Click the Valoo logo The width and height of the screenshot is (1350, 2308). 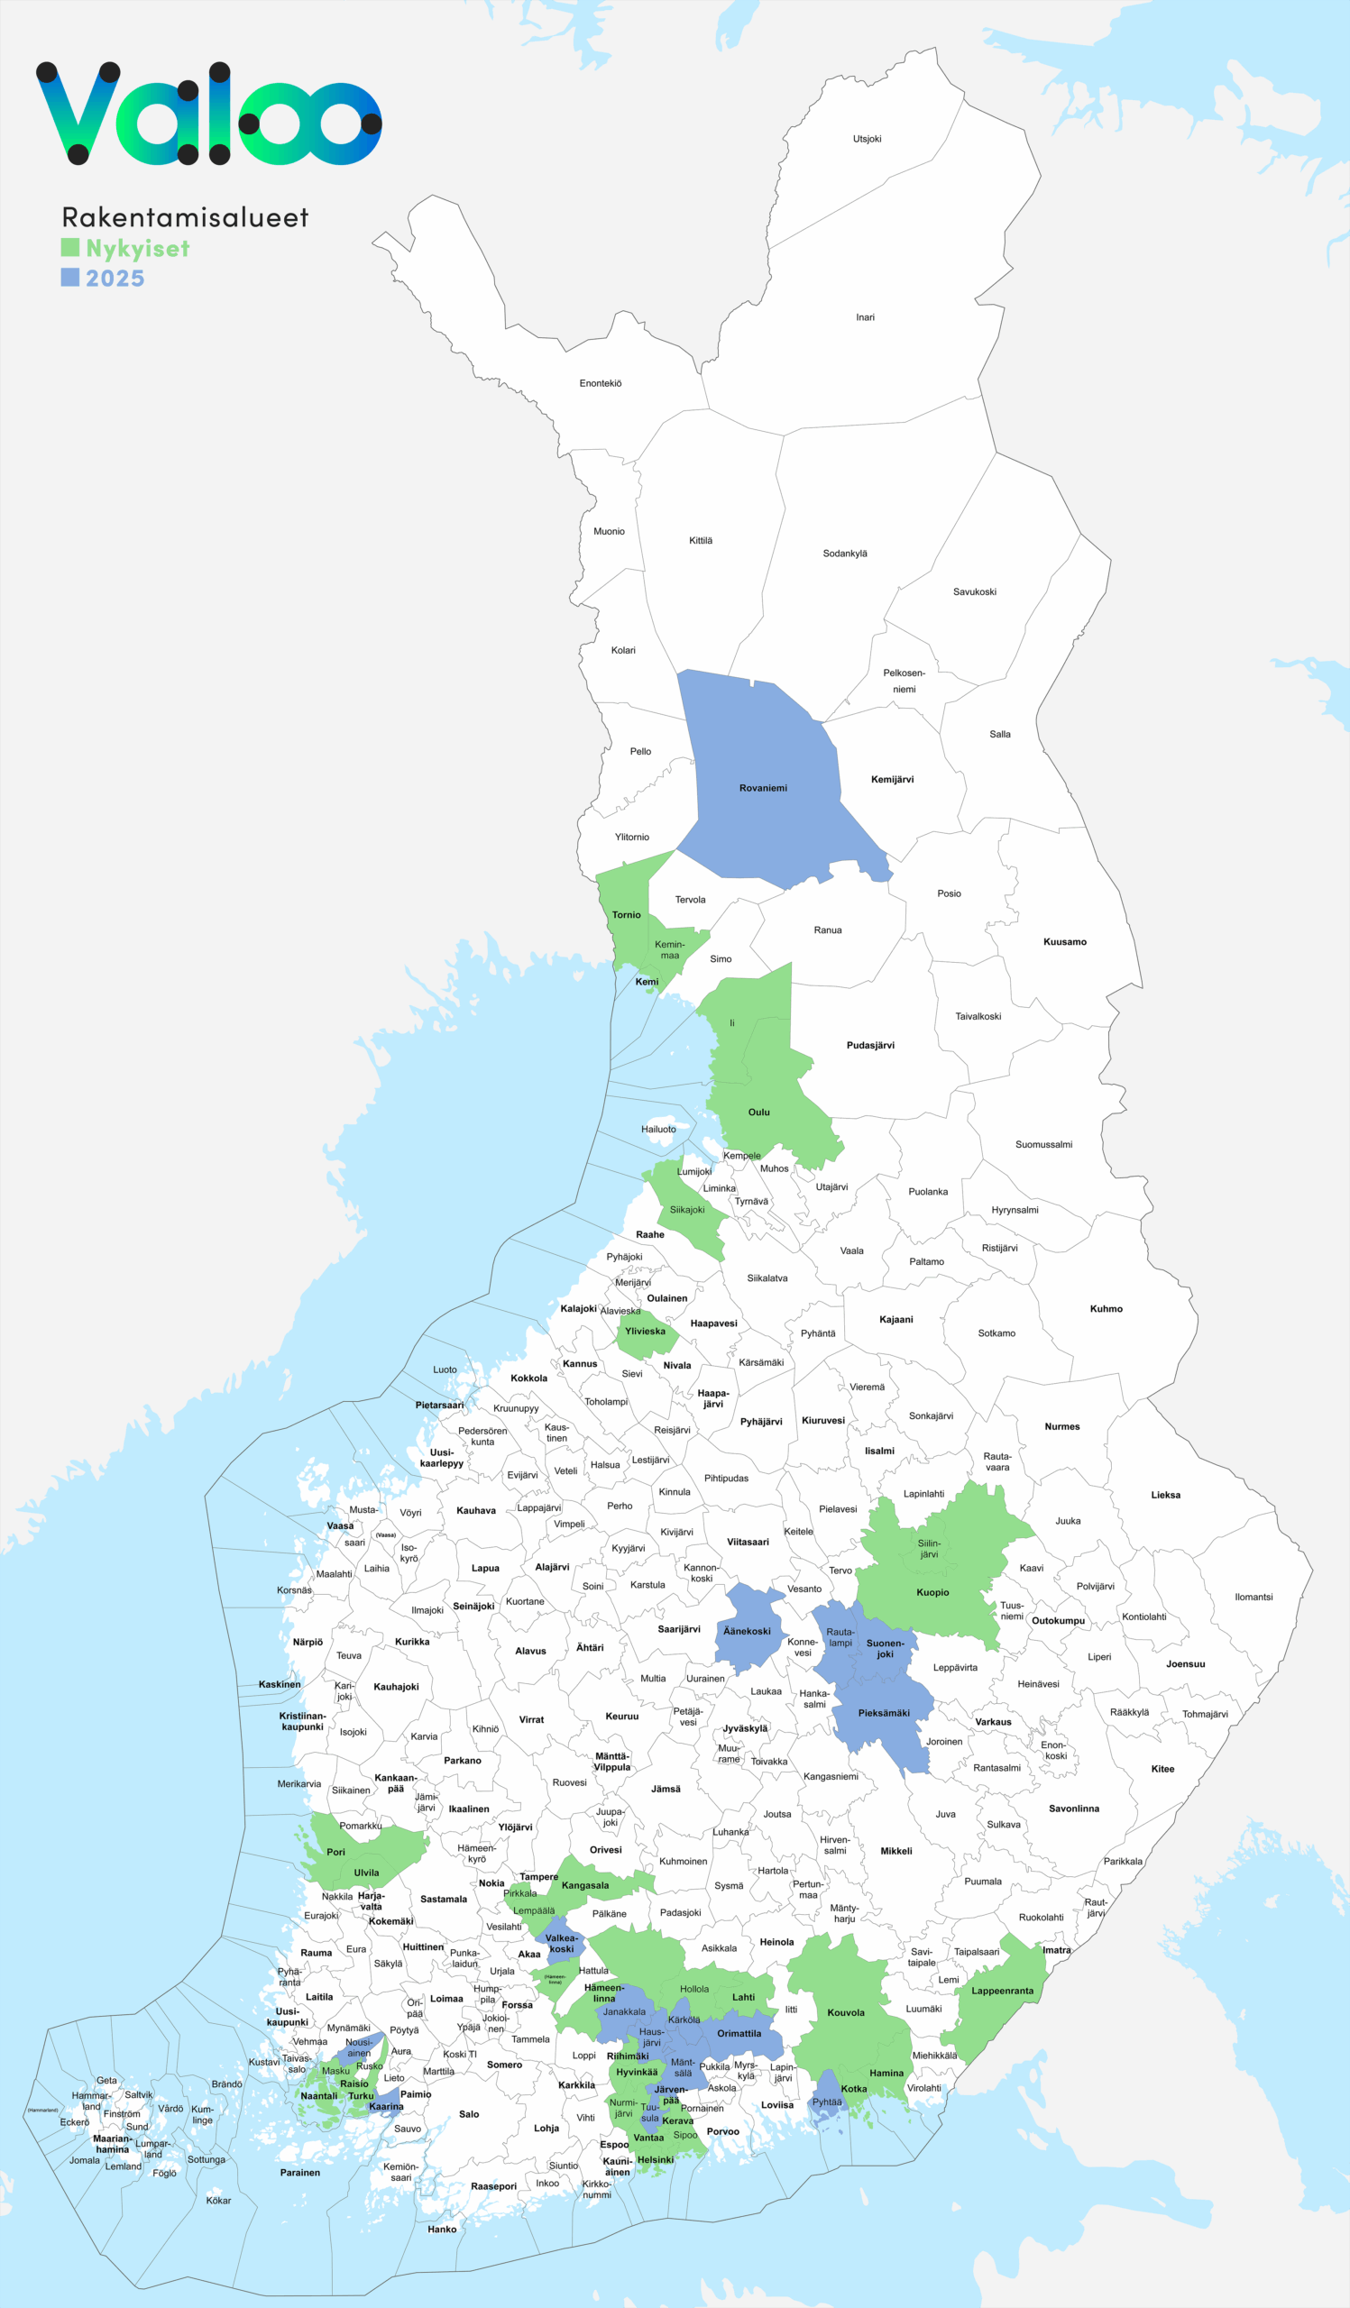pyautogui.click(x=209, y=114)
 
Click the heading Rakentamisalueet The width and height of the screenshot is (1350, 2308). pyautogui.click(x=185, y=217)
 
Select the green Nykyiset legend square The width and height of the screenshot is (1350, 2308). pyautogui.click(x=69, y=247)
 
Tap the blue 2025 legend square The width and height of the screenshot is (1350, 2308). pyautogui.click(x=69, y=277)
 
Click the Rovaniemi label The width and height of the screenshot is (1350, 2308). pyautogui.click(x=763, y=788)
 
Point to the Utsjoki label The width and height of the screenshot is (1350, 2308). pyautogui.click(x=867, y=139)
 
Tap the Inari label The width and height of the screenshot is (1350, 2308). pyautogui.click(x=865, y=318)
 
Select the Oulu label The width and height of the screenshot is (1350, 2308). pyautogui.click(x=758, y=1112)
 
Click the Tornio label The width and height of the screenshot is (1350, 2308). pyautogui.click(x=627, y=915)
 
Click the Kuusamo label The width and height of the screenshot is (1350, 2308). pyautogui.click(x=1064, y=941)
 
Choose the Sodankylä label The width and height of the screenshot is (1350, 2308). pyautogui.click(x=844, y=554)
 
